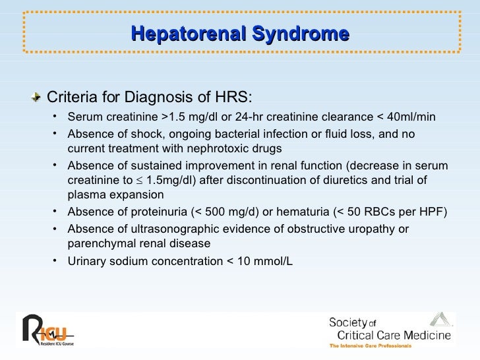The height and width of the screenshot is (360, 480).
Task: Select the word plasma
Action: tap(83, 195)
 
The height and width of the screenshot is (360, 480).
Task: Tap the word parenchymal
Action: tap(100, 243)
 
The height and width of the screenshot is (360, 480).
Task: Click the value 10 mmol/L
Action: tap(265, 260)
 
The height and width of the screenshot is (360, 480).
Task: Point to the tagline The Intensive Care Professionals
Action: tap(371, 345)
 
